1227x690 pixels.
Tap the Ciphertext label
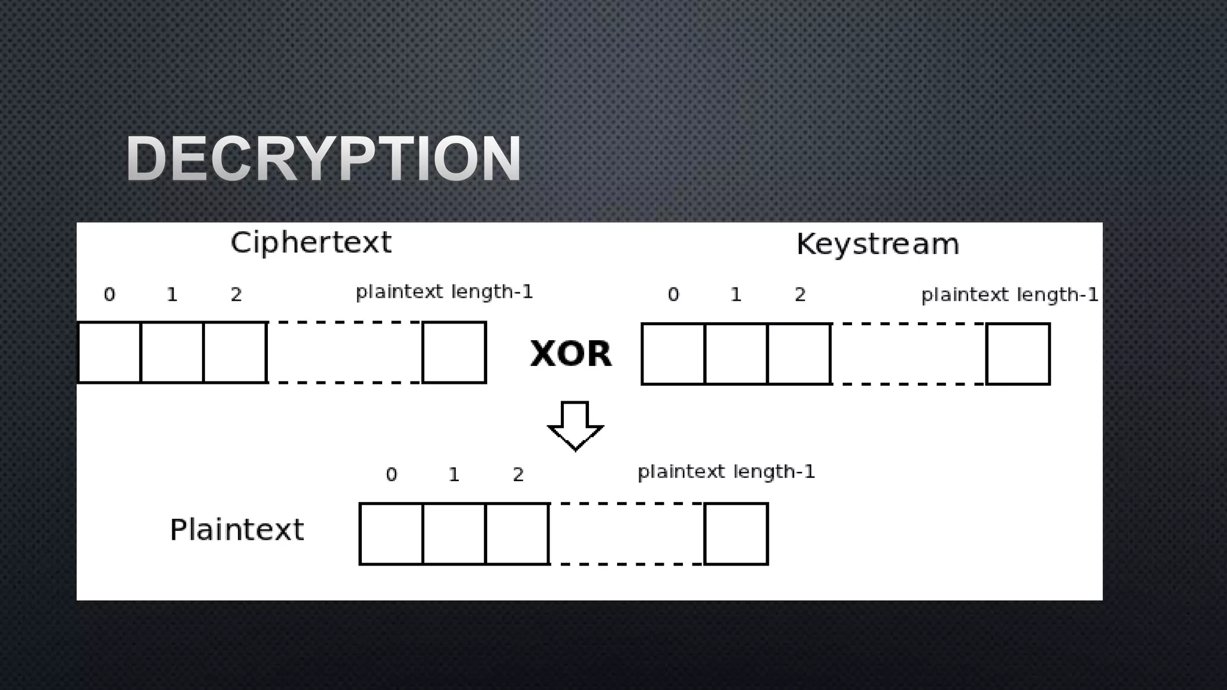(311, 243)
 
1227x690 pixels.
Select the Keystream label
(878, 244)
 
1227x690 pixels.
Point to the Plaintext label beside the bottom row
(237, 530)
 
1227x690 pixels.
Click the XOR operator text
(571, 353)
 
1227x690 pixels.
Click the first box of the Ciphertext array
(110, 352)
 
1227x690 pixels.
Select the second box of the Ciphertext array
(172, 352)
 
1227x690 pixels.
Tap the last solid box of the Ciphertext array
(454, 352)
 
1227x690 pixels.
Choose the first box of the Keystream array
(673, 354)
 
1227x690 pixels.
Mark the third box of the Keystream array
(799, 354)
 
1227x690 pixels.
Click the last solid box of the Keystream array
(1018, 354)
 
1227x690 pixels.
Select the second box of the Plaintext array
(454, 534)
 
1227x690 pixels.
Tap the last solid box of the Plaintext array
(736, 534)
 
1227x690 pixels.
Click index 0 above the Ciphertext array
(109, 295)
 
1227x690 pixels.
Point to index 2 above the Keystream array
(800, 295)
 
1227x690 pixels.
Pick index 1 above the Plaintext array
(454, 475)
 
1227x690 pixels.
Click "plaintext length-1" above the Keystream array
(1010, 295)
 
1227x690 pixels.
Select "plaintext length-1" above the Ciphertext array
(444, 292)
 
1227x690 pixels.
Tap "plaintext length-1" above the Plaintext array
(726, 472)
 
